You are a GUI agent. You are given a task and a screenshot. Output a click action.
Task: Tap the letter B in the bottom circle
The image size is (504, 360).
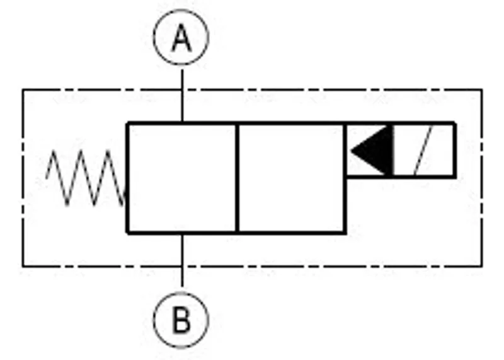[181, 320]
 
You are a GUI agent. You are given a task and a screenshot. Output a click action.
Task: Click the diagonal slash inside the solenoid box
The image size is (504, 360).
[423, 151]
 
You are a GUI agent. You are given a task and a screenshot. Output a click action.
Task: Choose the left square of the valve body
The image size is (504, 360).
[182, 178]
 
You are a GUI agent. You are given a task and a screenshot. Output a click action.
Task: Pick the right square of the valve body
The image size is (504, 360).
[291, 178]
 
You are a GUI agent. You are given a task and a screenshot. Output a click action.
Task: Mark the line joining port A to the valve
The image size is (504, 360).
[182, 96]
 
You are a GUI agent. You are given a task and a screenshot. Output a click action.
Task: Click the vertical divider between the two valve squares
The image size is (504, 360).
[238, 178]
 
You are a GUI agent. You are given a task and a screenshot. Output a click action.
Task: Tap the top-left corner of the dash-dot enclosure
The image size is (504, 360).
[23, 90]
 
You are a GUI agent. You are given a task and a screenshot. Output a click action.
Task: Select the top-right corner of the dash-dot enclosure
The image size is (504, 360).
[482, 90]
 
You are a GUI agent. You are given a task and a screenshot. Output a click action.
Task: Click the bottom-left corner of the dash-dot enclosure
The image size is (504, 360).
[23, 267]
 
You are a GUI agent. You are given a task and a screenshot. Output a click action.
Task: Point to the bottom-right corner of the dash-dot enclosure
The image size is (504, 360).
[482, 267]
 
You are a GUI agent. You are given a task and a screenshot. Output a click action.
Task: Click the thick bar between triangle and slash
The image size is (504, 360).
[392, 151]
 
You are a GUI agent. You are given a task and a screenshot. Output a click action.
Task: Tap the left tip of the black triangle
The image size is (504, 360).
[350, 151]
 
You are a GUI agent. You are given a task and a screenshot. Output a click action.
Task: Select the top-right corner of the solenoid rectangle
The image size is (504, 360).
[455, 123]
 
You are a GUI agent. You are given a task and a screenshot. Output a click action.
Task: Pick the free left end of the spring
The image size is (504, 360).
[46, 178]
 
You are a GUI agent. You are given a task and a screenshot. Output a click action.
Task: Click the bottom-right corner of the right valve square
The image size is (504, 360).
[345, 232]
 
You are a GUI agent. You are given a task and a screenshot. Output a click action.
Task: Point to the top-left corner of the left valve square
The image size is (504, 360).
[128, 124]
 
